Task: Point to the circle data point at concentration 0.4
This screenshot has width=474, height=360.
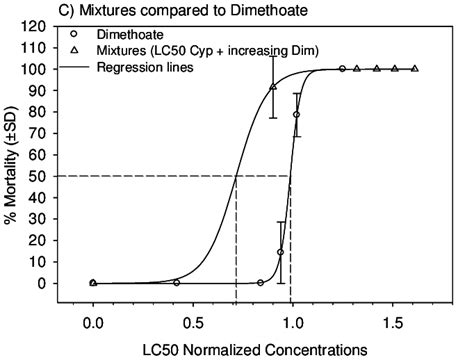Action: (176, 283)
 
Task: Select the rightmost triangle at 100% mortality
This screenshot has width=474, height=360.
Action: (415, 69)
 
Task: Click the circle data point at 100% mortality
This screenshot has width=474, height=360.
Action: (342, 69)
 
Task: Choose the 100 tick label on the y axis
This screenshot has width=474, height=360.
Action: (49, 69)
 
